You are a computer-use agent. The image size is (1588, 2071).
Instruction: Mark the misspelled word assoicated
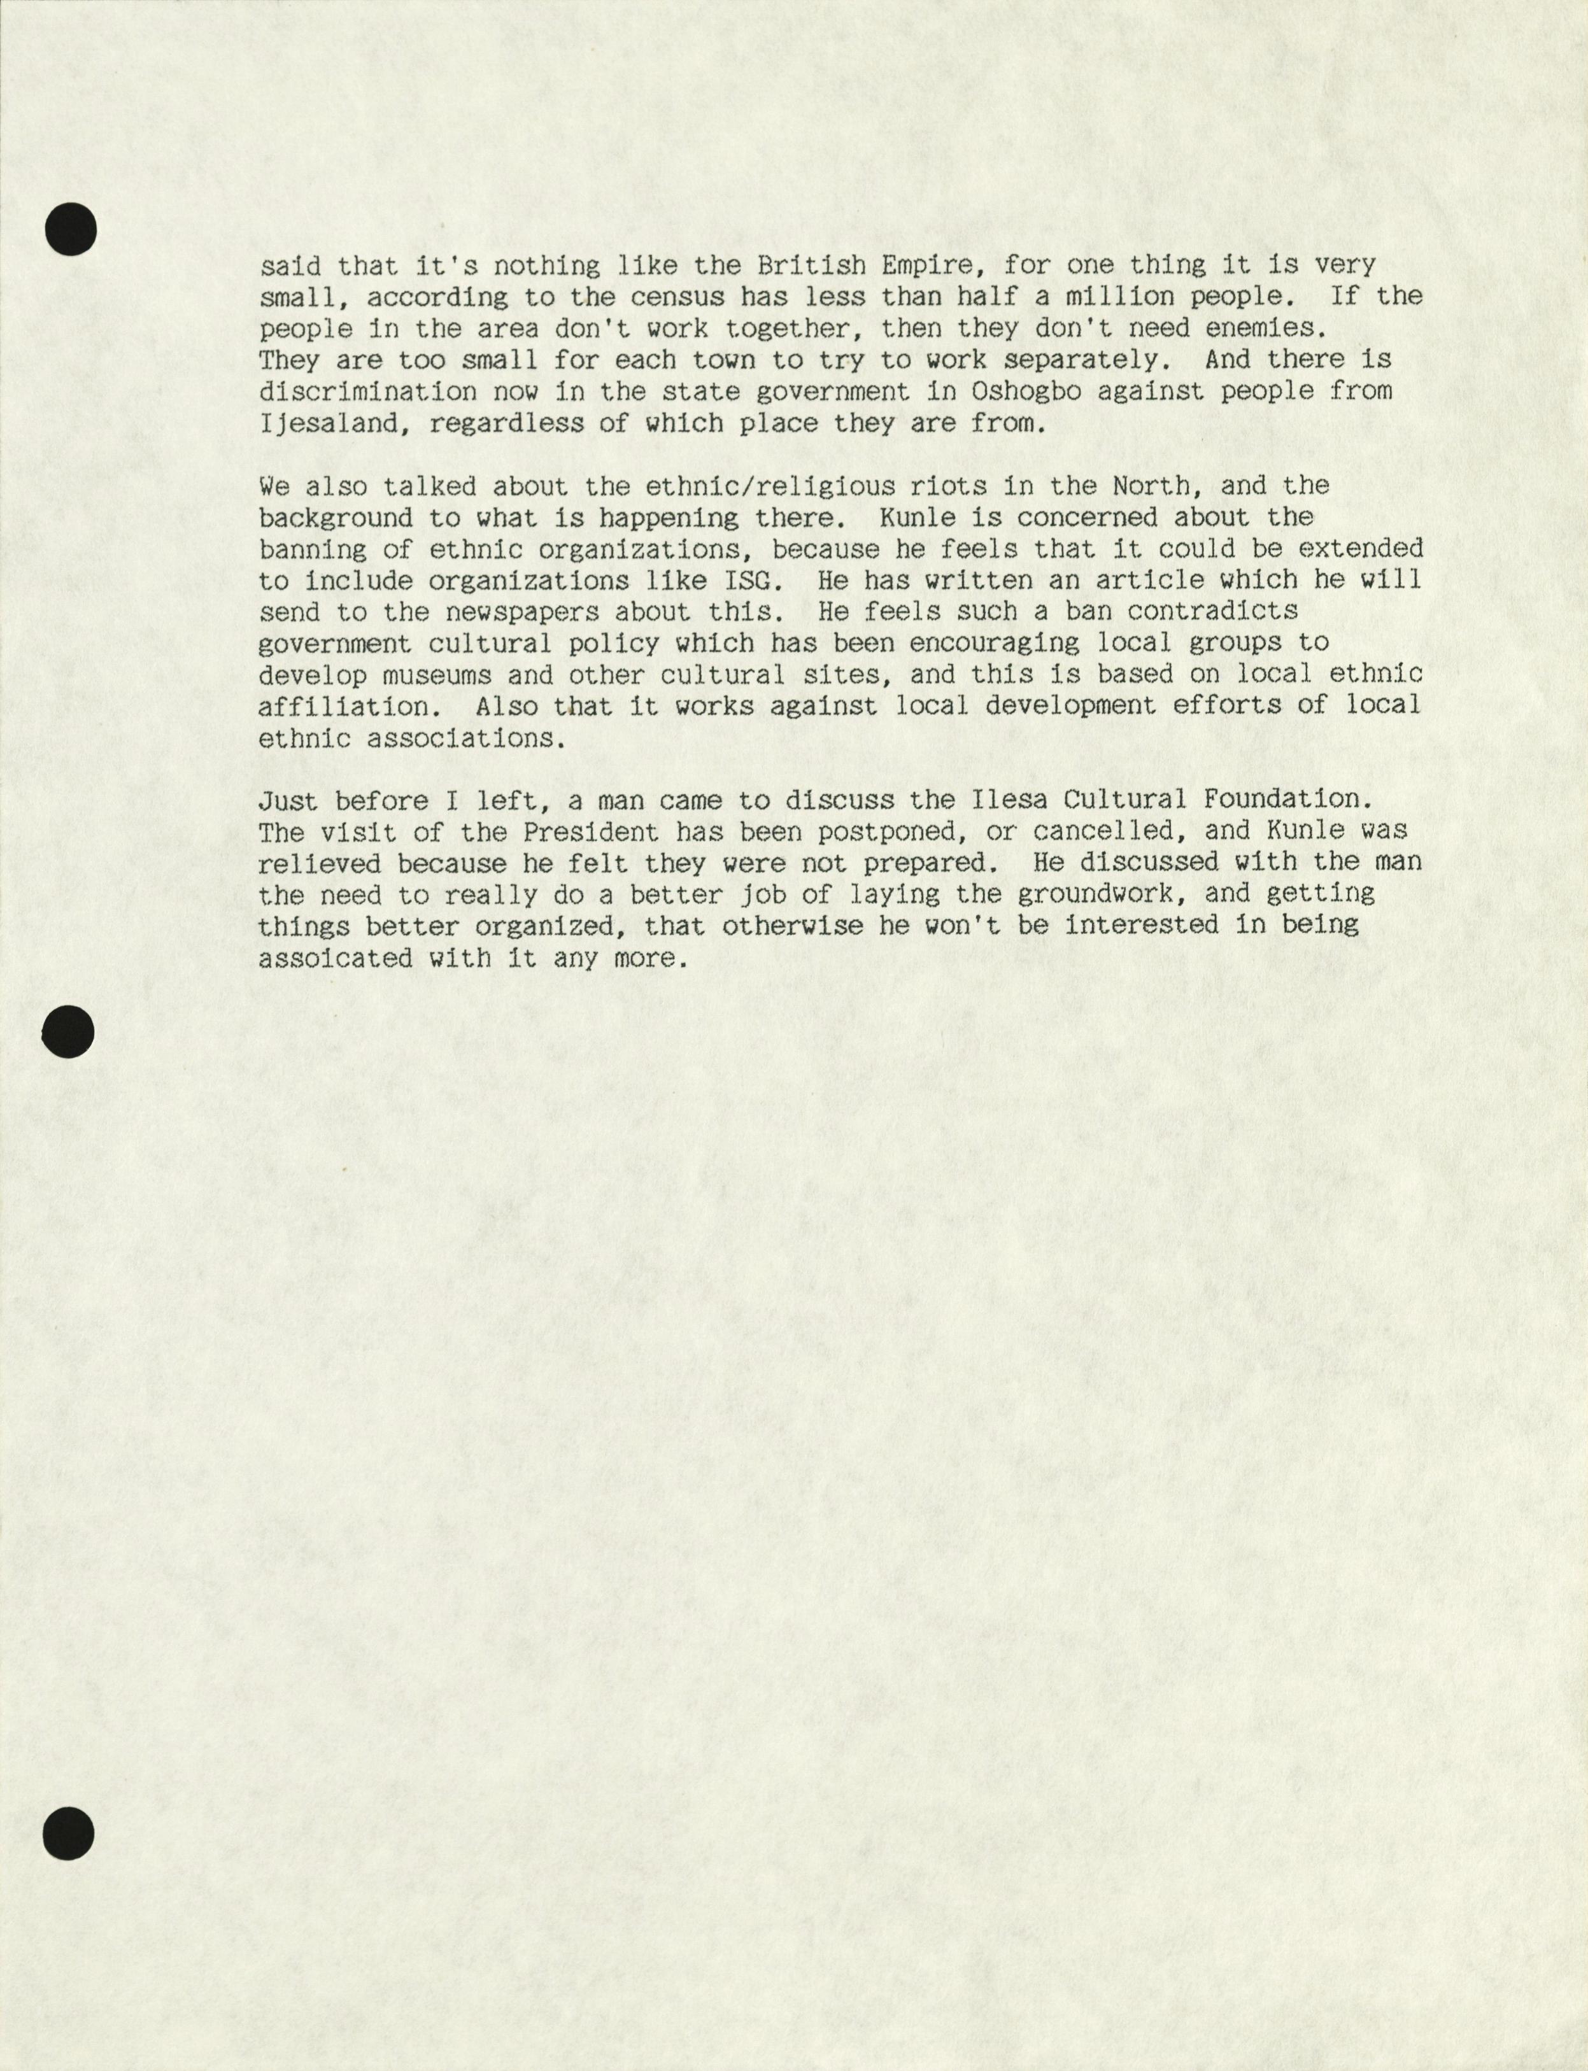(336, 958)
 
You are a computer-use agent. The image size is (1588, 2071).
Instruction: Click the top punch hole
(70, 230)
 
